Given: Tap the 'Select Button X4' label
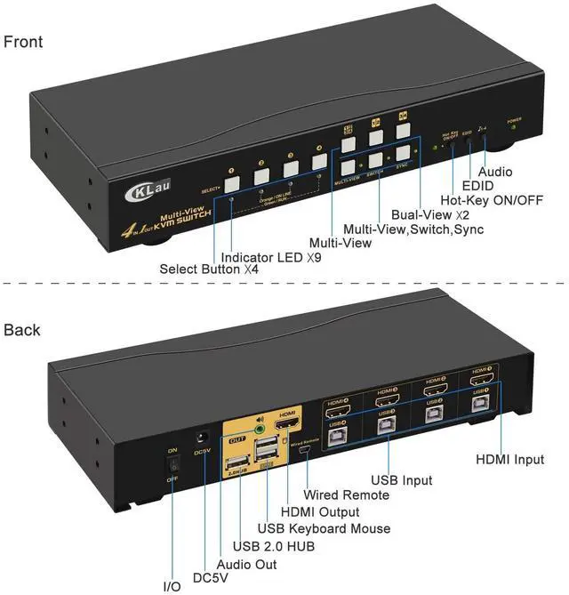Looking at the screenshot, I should pos(212,269).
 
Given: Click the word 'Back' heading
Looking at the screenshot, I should pos(21,330).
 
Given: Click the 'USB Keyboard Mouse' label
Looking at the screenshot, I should pos(323,529).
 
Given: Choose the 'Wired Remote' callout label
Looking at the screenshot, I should pos(346,494).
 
